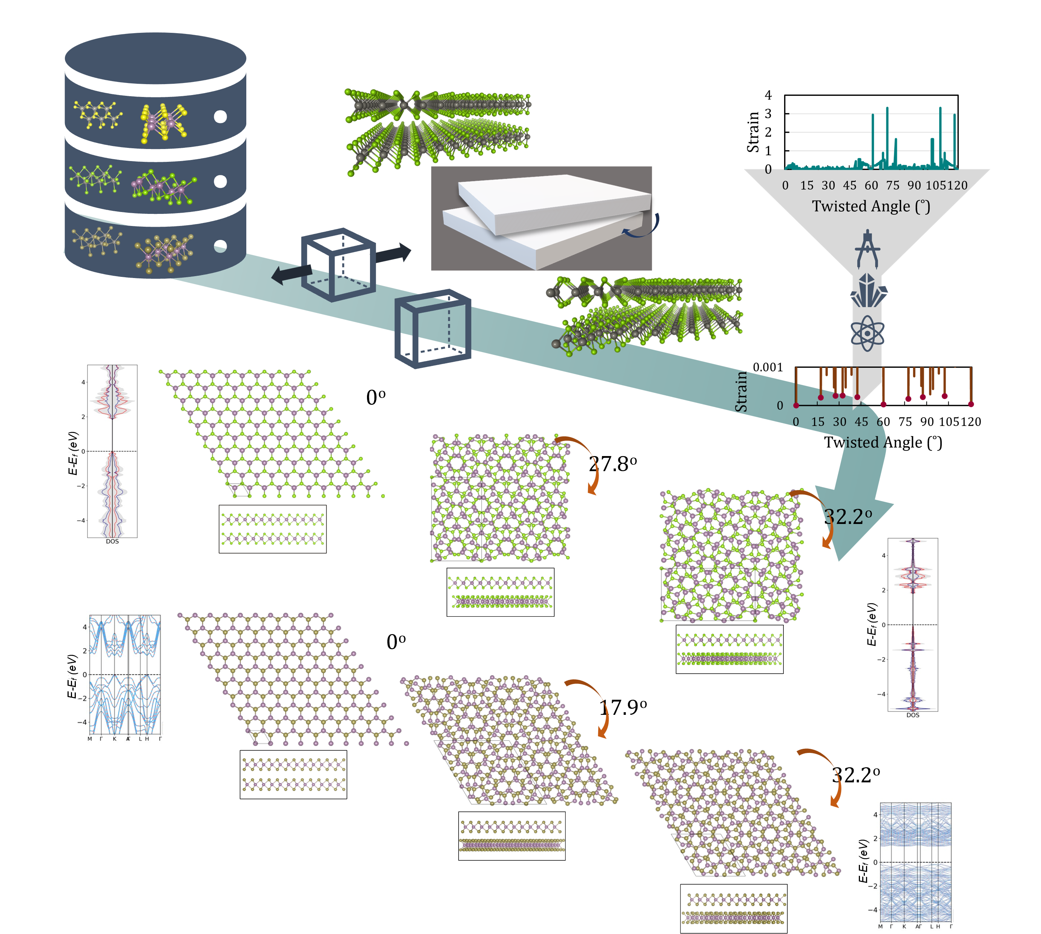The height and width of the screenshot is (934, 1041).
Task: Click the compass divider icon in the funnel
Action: tap(867, 249)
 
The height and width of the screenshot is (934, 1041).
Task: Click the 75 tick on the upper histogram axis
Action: tap(893, 185)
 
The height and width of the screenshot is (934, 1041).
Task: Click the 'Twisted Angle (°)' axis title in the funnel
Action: tap(871, 206)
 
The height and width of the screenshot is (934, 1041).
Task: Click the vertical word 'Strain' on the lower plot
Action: tap(741, 391)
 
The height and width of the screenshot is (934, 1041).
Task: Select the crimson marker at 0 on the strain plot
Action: tap(796, 406)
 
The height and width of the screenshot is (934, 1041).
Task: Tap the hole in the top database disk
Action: tap(220, 117)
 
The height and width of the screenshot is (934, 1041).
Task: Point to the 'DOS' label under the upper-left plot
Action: tap(112, 541)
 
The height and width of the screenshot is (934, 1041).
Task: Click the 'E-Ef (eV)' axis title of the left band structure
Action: tap(72, 676)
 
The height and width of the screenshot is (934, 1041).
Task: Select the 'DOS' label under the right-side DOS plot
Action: tap(912, 715)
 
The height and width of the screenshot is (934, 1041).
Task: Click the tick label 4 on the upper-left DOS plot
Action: tap(83, 383)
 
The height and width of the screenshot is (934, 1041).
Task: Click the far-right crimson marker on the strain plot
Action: tap(971, 404)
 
